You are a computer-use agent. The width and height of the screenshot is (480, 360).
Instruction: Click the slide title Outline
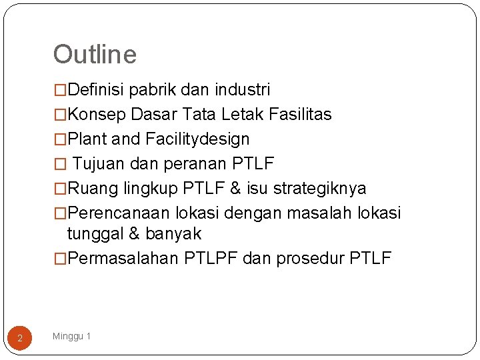[95, 55]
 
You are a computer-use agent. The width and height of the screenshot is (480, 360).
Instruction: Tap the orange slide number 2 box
[20, 339]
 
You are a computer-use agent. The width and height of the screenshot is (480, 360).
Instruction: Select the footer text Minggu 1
[72, 336]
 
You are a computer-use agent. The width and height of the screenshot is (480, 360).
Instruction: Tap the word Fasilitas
[300, 115]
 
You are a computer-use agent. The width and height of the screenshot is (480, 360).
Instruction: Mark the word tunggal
[94, 234]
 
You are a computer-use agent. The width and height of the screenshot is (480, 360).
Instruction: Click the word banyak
[173, 234]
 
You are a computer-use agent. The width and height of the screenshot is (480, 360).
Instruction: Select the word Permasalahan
[123, 259]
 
